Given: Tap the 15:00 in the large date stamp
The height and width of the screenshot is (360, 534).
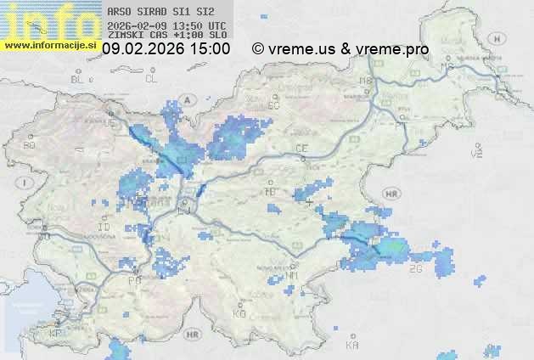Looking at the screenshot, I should point(209,49).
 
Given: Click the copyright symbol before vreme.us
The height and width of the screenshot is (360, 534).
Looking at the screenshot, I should point(258,49).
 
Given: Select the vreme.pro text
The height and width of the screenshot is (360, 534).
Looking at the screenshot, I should point(393,49).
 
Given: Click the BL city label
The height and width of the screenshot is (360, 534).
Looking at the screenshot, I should point(79,79).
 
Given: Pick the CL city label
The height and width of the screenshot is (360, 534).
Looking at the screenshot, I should point(151,79).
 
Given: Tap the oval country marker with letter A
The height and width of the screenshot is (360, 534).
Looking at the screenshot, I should point(187,98).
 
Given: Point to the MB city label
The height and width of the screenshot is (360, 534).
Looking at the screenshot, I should point(366,81).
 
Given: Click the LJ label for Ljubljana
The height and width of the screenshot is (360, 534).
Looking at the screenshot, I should point(184,204).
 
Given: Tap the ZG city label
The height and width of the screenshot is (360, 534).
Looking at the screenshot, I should point(415,269).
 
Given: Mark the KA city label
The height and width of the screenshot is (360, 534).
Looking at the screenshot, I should point(352,345).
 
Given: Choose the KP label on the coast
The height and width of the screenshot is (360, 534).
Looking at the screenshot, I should point(56,334).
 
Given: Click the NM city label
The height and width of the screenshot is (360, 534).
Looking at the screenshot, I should point(293,275).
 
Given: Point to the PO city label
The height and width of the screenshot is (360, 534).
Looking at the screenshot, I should point(134,280).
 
